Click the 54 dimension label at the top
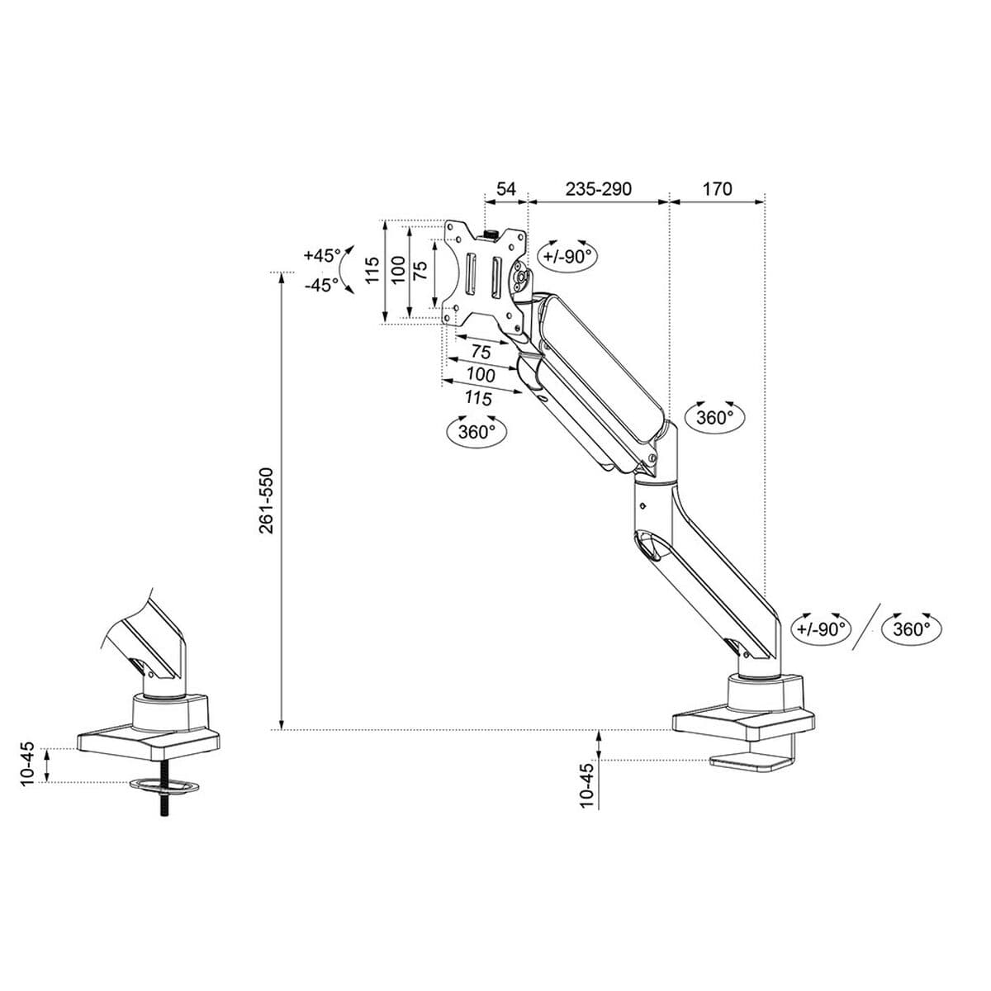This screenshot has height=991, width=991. coord(505,189)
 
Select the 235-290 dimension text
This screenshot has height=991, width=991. coord(599,189)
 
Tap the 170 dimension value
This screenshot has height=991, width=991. coord(717,189)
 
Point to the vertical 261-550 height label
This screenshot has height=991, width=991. coord(266,500)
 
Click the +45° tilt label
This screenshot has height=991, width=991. coord(321,255)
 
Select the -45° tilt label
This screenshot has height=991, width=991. coord(321,285)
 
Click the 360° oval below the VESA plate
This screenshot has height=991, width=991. coord(477,430)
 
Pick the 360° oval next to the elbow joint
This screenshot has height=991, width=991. coord(715,417)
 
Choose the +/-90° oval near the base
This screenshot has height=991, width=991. coord(822,628)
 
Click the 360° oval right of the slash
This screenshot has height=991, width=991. coord(911,628)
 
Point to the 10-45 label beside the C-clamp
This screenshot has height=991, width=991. coord(587,785)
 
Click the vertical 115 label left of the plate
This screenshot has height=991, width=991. coord(372,270)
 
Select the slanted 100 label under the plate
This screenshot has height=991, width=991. coord(481,375)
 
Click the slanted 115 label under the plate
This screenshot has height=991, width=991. coord(478,399)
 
